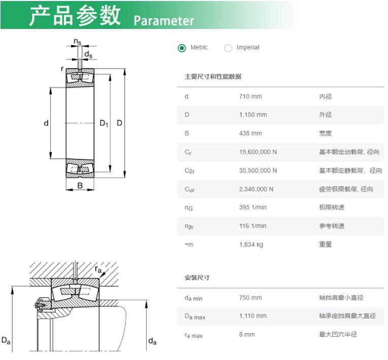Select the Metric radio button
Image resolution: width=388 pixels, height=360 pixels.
[182, 48]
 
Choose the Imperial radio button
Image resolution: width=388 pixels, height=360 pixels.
[228, 48]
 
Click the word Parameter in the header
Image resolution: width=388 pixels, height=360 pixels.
[164, 21]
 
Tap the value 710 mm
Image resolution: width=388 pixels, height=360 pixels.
[250, 96]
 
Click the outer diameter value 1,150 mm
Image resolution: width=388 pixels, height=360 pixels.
[253, 115]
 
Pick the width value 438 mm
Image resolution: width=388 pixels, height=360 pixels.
[250, 134]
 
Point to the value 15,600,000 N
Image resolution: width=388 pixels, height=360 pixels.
[258, 152]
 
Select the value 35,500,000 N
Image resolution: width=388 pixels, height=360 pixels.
[258, 171]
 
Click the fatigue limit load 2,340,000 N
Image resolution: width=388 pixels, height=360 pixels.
[256, 189]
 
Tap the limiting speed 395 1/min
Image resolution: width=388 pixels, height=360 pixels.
[253, 207]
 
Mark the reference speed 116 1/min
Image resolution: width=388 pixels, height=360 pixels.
[253, 226]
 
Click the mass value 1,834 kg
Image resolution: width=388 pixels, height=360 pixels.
[251, 245]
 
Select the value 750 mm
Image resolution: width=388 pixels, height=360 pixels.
[250, 298]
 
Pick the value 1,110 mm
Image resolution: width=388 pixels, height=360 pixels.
[253, 316]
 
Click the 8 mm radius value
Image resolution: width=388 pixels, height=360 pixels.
[246, 335]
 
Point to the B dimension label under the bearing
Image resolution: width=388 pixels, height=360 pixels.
[80, 185]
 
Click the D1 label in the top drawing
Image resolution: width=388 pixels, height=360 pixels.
[104, 123]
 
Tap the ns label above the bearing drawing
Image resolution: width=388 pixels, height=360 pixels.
[78, 41]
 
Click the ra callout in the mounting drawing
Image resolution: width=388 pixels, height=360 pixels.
[98, 269]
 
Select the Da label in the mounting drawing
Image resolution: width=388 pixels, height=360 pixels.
[6, 340]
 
